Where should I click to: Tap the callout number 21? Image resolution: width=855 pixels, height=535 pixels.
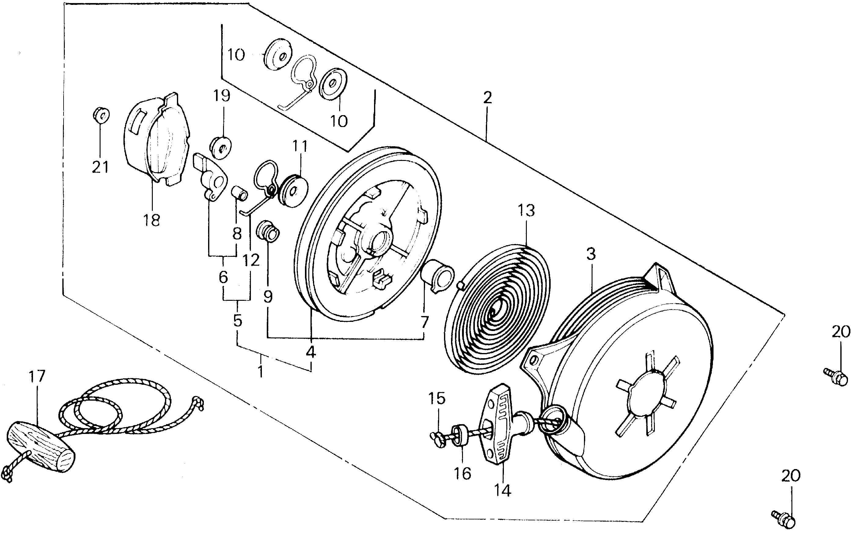pyautogui.click(x=100, y=167)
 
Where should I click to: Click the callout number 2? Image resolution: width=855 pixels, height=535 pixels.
pyautogui.click(x=487, y=98)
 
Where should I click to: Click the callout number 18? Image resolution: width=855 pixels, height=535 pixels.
pyautogui.click(x=152, y=220)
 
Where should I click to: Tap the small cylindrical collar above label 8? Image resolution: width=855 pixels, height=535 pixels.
pyautogui.click(x=240, y=193)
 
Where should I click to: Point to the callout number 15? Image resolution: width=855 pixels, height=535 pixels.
pyautogui.click(x=437, y=399)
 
